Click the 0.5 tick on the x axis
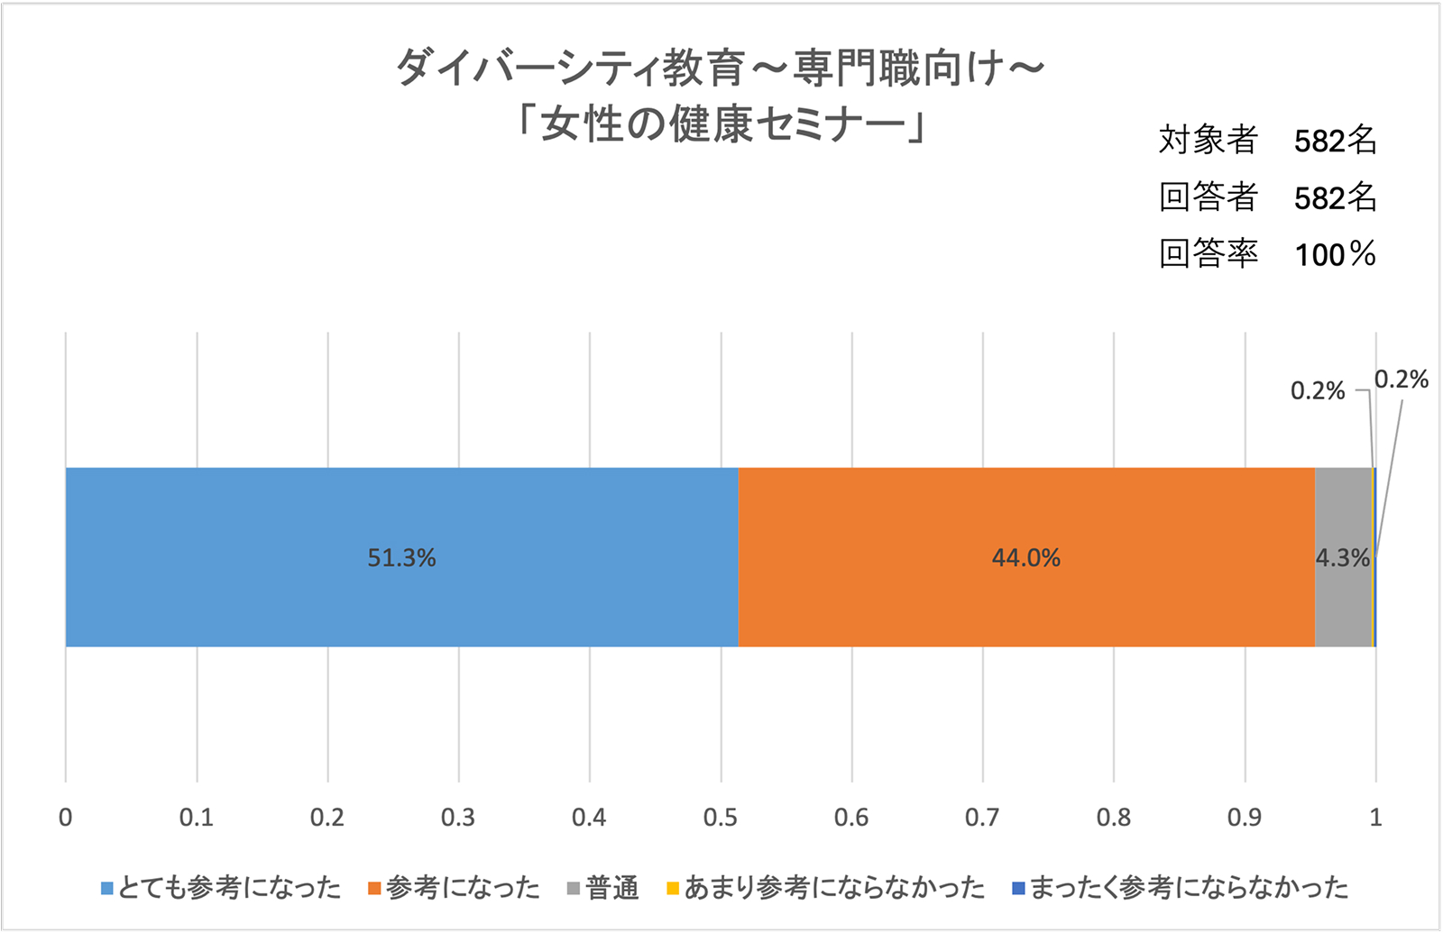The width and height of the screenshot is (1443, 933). pyautogui.click(x=720, y=818)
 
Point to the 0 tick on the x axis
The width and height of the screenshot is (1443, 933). pyautogui.click(x=65, y=818)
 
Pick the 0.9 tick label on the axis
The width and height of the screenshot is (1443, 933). pyautogui.click(x=1245, y=818)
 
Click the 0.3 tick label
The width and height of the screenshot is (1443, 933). pyautogui.click(x=458, y=818)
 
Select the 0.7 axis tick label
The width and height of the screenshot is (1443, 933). pyautogui.click(x=982, y=818)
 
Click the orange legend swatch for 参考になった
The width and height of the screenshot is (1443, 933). pyautogui.click(x=375, y=889)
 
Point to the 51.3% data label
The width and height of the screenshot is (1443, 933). pyautogui.click(x=401, y=558)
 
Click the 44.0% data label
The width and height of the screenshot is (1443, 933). pyautogui.click(x=1026, y=558)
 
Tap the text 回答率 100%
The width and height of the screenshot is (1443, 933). pyautogui.click(x=1267, y=253)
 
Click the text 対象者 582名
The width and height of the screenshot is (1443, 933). pyautogui.click(x=1267, y=140)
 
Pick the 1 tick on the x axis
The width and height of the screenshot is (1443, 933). pyautogui.click(x=1375, y=818)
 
